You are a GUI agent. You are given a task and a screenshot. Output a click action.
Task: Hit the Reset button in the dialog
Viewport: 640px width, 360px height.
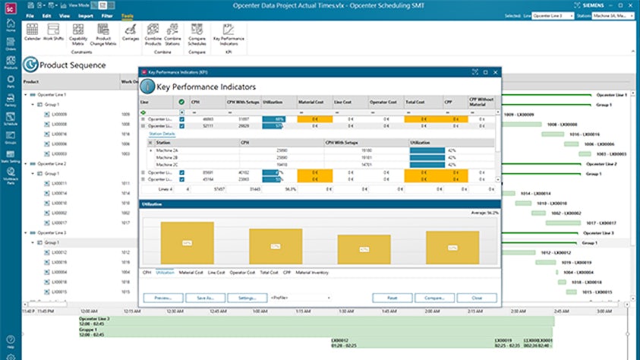(392, 298)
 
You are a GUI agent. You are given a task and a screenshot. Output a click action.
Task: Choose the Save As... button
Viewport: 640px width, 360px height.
(205, 298)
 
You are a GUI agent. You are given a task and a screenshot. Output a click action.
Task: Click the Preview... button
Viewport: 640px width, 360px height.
(163, 298)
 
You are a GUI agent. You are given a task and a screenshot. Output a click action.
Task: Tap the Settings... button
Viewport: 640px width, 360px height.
(247, 298)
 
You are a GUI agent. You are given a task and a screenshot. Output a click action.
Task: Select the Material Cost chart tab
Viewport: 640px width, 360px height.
(191, 271)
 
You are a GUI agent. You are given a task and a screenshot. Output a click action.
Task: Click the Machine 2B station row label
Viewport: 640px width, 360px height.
(168, 157)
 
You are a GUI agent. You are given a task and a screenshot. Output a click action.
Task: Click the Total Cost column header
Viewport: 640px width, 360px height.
(415, 101)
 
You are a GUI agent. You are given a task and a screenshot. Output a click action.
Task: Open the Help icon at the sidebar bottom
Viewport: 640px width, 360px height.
(11, 343)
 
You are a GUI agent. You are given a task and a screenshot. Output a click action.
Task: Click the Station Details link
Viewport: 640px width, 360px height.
(161, 134)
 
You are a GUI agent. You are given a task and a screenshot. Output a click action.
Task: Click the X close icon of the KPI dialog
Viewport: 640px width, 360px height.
(496, 72)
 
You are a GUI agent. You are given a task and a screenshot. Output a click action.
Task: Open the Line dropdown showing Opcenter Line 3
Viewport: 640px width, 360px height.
(553, 15)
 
